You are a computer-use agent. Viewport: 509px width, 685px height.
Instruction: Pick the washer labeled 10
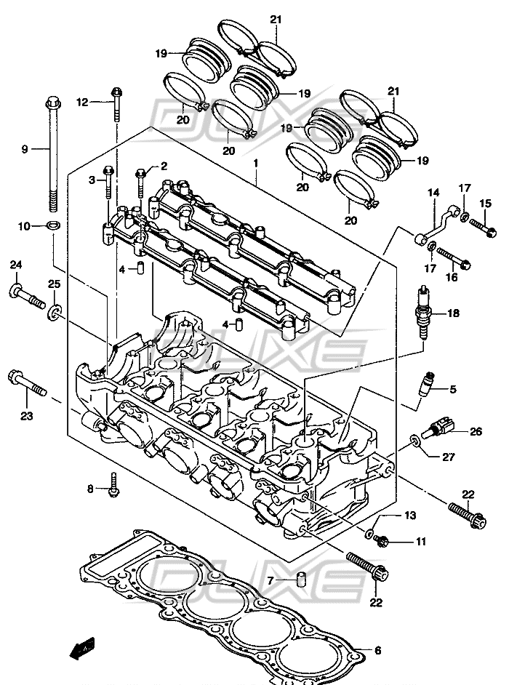(53, 225)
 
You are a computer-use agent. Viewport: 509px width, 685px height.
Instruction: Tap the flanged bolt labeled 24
(27, 296)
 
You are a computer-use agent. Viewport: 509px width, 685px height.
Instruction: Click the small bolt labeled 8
(113, 484)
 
